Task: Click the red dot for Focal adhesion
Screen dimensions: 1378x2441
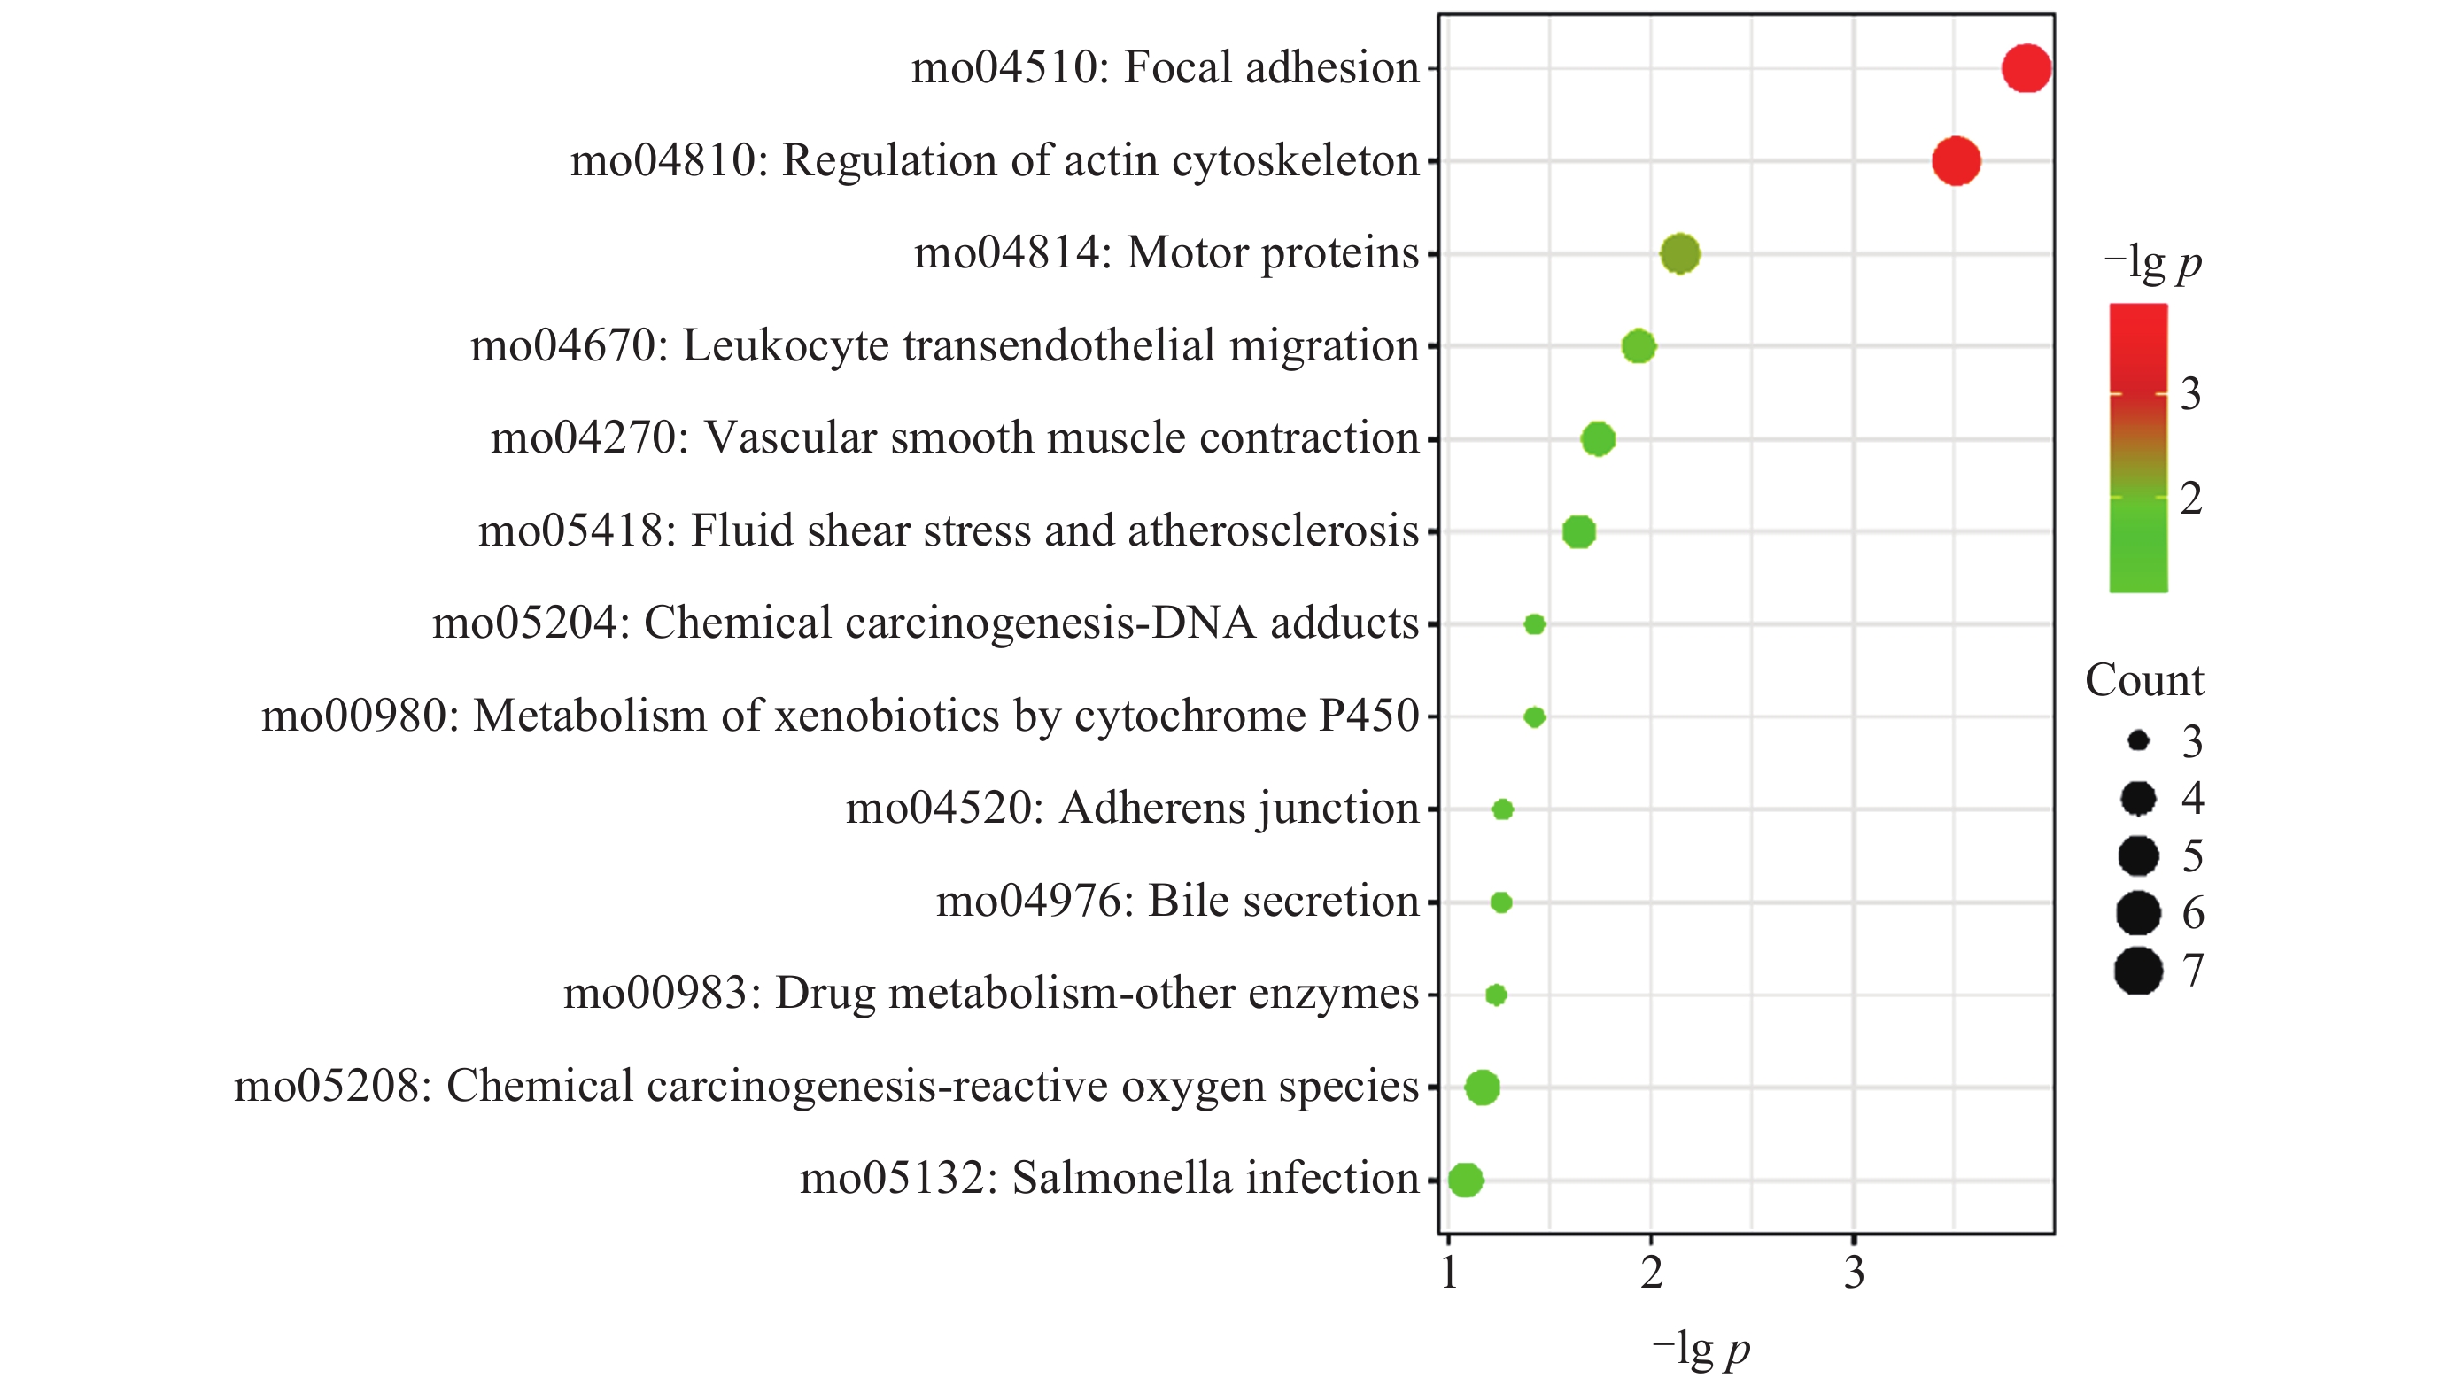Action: click(x=2026, y=68)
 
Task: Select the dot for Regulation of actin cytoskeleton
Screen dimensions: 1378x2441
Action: click(x=1956, y=161)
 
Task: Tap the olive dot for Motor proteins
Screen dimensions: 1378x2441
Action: click(x=1680, y=253)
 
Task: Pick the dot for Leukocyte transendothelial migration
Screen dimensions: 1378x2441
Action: click(x=1639, y=346)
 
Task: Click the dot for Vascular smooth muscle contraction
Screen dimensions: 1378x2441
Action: click(x=1598, y=438)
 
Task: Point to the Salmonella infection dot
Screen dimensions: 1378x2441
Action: click(x=1465, y=1180)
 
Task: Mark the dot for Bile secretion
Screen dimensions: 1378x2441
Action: click(x=1501, y=902)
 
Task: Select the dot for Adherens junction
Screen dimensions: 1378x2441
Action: click(x=1503, y=809)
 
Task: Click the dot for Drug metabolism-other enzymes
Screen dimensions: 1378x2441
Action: click(x=1496, y=995)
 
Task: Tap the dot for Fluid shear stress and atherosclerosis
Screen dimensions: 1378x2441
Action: click(x=1578, y=531)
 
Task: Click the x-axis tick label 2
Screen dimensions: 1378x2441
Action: click(x=1652, y=1273)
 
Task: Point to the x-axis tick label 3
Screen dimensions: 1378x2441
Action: click(x=1855, y=1273)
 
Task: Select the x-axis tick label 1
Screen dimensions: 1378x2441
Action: click(x=1449, y=1273)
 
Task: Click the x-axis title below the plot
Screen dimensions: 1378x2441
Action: click(x=1701, y=1348)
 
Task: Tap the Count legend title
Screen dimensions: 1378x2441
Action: click(x=2144, y=680)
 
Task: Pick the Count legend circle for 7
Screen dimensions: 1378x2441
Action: click(x=2138, y=971)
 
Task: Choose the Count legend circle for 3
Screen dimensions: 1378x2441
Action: click(x=2138, y=741)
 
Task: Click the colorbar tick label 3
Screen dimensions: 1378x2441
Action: click(x=2189, y=393)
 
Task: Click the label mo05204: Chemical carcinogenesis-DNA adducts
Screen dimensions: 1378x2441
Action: click(x=925, y=623)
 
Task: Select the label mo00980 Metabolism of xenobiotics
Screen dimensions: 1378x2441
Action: click(x=840, y=716)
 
